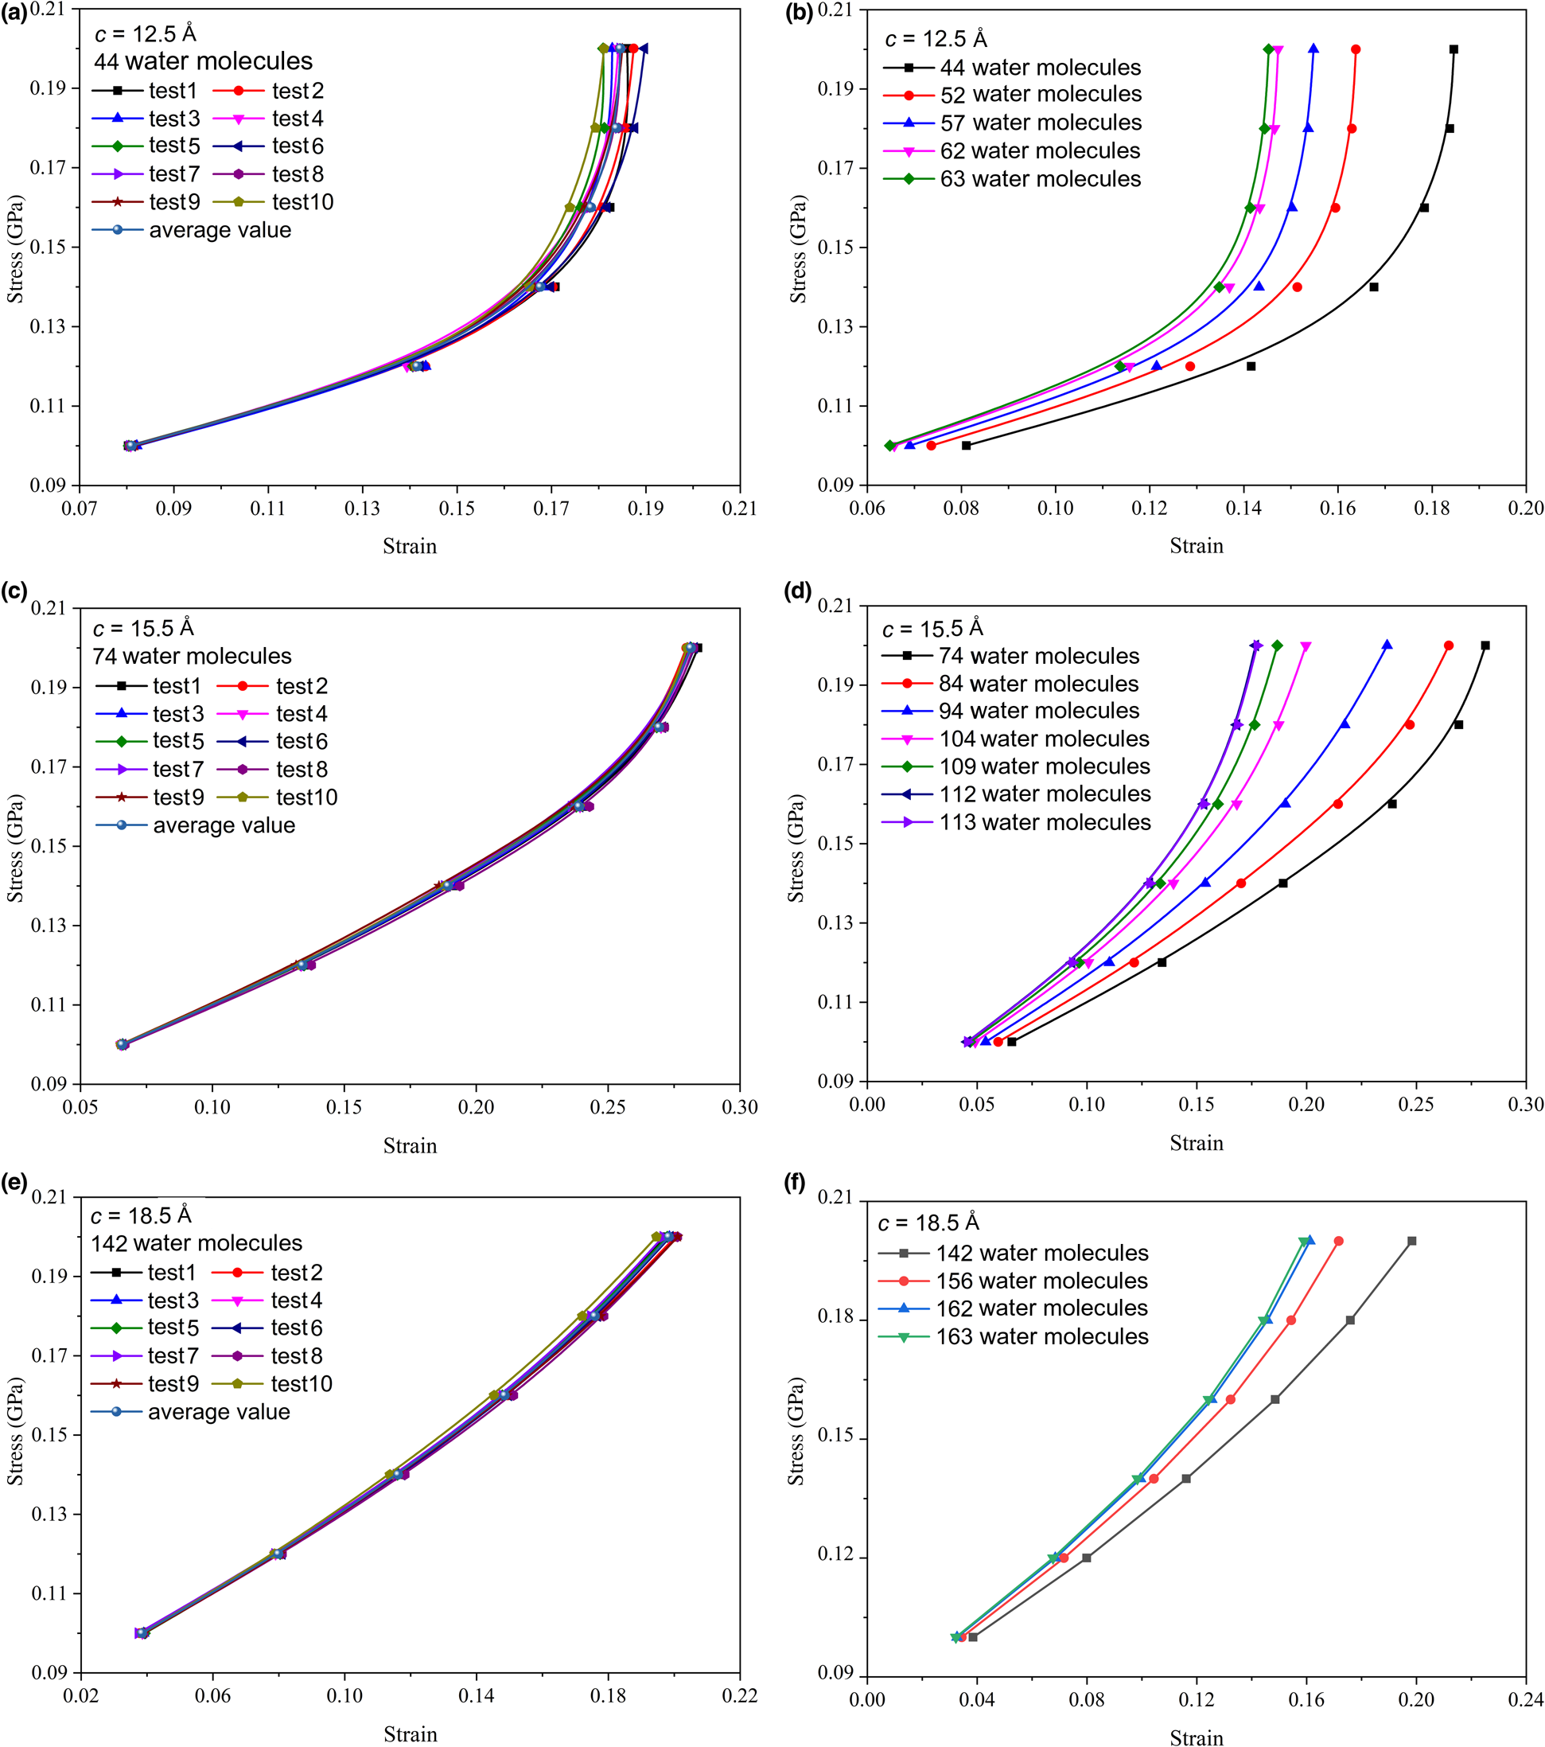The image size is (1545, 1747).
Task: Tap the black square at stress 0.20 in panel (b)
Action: [1454, 49]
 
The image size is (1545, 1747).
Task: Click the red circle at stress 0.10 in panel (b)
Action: [931, 445]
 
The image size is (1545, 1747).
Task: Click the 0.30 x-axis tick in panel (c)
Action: [739, 1108]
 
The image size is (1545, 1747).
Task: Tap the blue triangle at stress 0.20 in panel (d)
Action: [1387, 645]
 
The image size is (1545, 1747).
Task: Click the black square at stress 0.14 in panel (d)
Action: [1282, 883]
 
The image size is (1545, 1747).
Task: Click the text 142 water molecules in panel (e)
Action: [197, 1242]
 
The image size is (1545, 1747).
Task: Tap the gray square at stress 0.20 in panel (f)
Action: [1411, 1241]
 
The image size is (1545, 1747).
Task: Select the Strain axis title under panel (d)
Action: [1196, 1144]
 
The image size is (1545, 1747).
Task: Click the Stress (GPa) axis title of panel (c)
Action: [14, 848]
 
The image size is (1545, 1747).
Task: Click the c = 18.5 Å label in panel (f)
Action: [929, 1223]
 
